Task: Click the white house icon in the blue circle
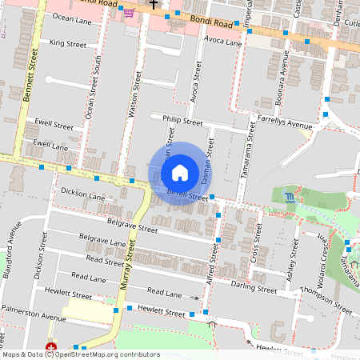coord(180,173)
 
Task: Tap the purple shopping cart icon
coord(129,13)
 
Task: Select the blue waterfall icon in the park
coord(289,197)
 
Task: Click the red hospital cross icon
coord(51,347)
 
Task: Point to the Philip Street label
coord(182,121)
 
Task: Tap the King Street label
coord(67,42)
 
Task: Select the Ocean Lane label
coord(72,18)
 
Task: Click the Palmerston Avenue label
coord(33,318)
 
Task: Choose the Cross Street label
coord(257,240)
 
